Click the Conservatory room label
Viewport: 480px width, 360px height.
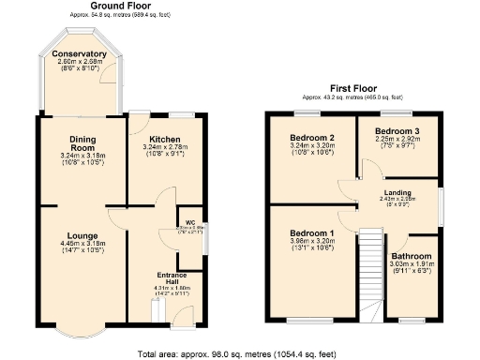(80, 54)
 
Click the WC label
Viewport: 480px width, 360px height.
(188, 221)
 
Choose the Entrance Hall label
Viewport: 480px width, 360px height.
(172, 278)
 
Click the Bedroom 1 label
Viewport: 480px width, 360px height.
(311, 232)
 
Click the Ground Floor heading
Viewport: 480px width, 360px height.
(123, 6)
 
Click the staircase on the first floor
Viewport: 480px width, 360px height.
(373, 277)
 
